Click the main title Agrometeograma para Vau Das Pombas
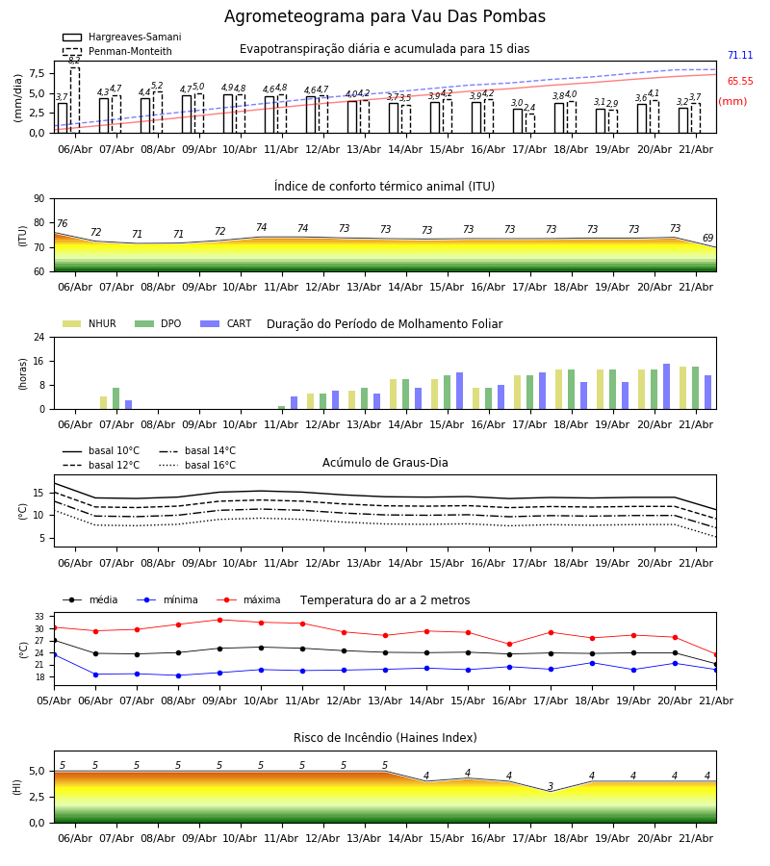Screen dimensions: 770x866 point(384,16)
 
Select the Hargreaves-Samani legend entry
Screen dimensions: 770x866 point(122,37)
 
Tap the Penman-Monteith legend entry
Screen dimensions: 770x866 point(117,51)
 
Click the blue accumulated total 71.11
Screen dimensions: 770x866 point(740,55)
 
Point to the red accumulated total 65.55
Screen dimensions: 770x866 point(740,81)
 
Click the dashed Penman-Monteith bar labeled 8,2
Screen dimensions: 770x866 point(74,100)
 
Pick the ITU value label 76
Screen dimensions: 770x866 point(62,223)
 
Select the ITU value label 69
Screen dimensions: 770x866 point(707,238)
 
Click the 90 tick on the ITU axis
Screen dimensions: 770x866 point(39,199)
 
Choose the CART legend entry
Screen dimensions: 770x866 point(226,323)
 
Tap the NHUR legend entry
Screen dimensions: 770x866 point(90,323)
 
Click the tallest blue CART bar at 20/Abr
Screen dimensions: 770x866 point(666,387)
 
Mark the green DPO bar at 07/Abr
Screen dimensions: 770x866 point(116,398)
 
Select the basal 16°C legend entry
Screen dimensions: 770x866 point(197,465)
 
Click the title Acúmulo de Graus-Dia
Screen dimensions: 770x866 point(385,463)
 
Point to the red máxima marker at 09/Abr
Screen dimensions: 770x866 point(219,620)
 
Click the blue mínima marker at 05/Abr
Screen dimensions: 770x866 point(55,654)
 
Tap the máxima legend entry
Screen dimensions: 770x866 point(249,599)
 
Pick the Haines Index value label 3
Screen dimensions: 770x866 point(551,786)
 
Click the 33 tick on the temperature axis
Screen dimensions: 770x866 point(39,617)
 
